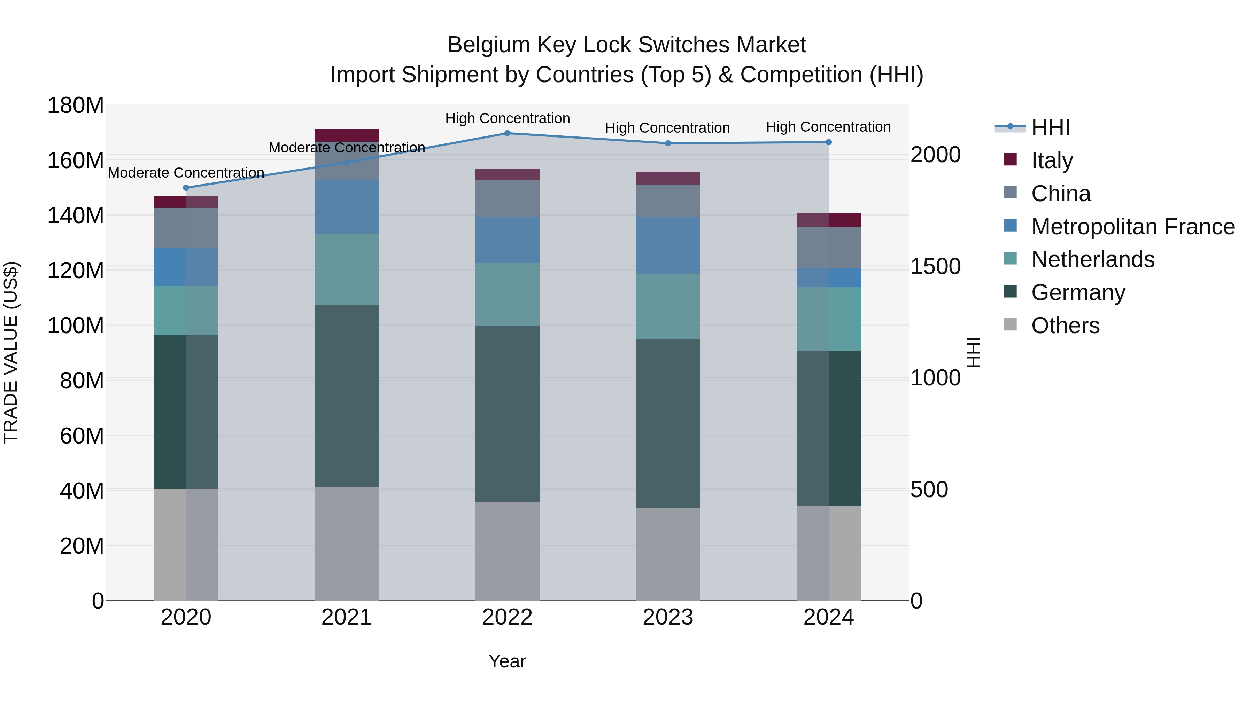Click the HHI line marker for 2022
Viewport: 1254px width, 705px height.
coord(507,133)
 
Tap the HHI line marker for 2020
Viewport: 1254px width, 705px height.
coord(186,188)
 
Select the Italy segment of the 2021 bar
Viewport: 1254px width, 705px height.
coord(347,135)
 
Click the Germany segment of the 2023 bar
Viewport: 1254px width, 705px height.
coord(668,423)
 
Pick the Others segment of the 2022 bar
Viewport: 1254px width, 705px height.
coord(507,551)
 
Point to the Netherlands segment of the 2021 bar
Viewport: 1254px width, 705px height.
coord(347,269)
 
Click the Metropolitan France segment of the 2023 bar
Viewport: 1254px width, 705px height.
coord(668,245)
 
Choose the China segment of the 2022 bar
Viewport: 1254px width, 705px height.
coord(507,198)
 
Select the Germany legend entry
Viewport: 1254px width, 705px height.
coord(1078,292)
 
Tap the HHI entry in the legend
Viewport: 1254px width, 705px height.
coord(1051,127)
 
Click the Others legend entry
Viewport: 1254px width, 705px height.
coord(1065,326)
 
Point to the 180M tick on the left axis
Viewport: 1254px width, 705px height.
coord(76,105)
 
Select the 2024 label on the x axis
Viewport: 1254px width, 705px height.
coord(829,617)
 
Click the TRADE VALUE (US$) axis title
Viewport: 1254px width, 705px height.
coord(11,352)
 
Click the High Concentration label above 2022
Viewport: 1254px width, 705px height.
coord(507,119)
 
